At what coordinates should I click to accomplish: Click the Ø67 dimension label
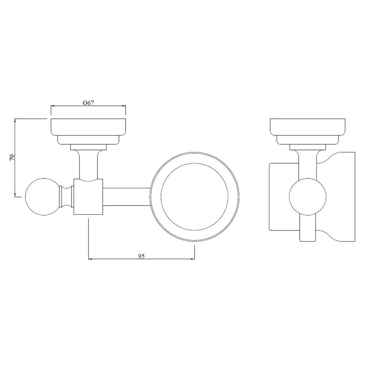[88, 103]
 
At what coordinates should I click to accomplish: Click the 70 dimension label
[12, 158]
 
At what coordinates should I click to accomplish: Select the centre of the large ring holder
[195, 196]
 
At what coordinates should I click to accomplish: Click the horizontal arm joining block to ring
[127, 196]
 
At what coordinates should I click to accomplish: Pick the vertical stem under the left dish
[88, 165]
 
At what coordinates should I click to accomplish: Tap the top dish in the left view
[88, 127]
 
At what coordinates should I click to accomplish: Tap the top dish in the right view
[307, 127]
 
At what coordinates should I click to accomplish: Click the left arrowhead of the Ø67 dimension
[52, 106]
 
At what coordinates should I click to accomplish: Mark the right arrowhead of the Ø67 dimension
[124, 106]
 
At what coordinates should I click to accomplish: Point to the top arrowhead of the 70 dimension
[15, 120]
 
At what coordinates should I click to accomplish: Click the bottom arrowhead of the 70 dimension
[15, 195]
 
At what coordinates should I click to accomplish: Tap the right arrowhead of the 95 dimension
[193, 259]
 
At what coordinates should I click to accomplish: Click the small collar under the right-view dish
[307, 148]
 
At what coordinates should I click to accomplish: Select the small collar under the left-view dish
[88, 148]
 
